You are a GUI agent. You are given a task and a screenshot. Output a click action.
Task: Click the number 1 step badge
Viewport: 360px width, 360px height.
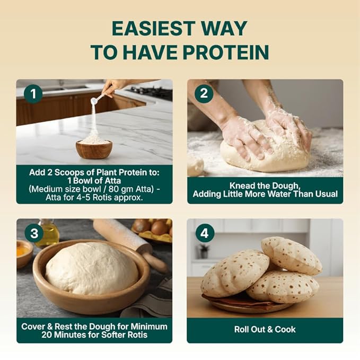click(x=33, y=94)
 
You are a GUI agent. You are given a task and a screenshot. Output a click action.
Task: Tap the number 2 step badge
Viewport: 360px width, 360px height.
click(x=204, y=93)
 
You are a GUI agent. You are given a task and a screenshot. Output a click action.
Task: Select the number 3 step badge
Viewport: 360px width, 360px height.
click(x=34, y=233)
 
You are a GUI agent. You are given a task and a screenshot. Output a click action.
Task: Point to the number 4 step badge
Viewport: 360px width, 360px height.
click(x=205, y=233)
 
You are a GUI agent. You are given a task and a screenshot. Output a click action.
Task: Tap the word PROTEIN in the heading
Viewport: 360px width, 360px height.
click(x=226, y=52)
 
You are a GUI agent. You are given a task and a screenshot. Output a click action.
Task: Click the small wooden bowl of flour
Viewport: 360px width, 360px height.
click(x=94, y=148)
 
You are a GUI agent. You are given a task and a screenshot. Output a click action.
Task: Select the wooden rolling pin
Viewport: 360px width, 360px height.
click(x=131, y=243)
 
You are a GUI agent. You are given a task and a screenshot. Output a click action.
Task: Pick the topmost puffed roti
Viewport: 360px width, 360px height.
click(x=292, y=256)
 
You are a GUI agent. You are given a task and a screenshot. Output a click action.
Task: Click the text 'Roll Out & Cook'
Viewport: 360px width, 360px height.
click(x=265, y=329)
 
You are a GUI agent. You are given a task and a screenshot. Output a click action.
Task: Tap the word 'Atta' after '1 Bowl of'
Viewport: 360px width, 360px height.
click(x=112, y=181)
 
